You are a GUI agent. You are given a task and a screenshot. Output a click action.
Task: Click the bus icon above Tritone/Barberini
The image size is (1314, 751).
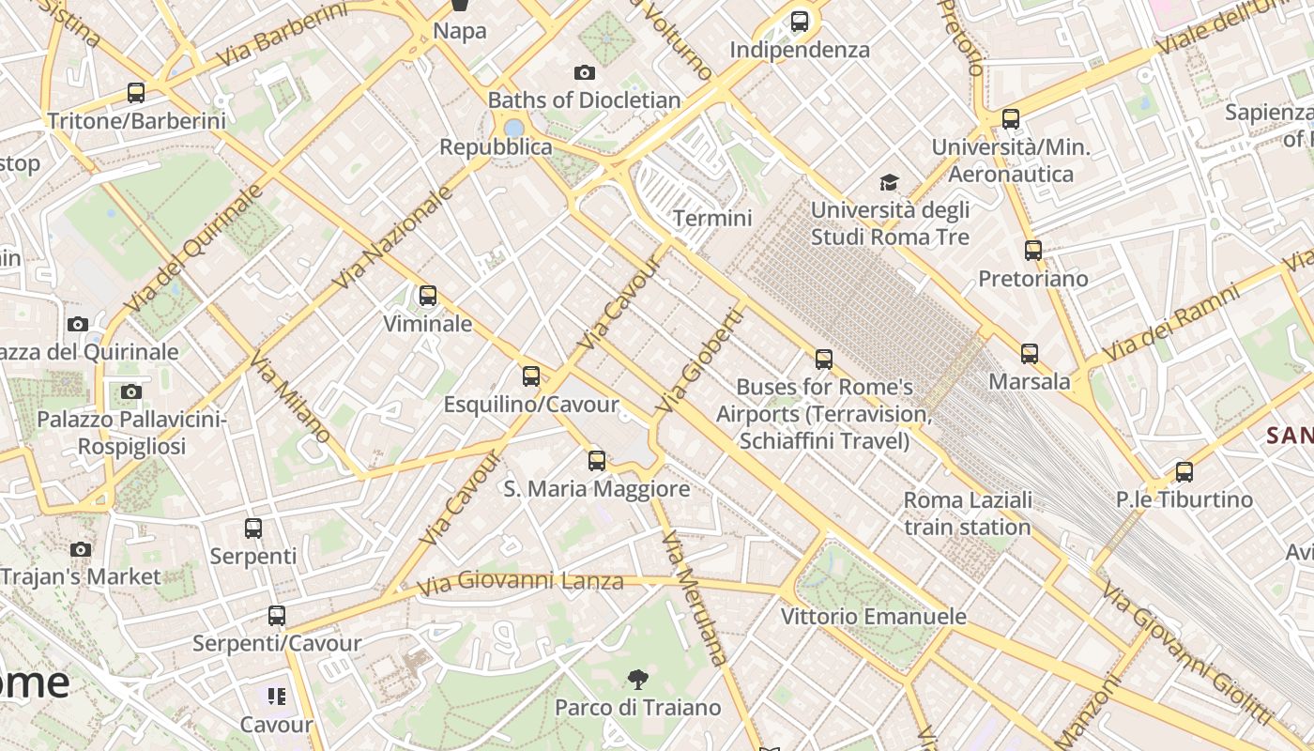tap(136, 93)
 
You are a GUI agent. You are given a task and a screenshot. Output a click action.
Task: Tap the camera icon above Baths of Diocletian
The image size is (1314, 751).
tap(584, 72)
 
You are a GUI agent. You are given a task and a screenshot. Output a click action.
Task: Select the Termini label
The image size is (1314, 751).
tap(712, 218)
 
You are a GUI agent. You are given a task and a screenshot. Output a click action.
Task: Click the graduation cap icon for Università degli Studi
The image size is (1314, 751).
tap(889, 182)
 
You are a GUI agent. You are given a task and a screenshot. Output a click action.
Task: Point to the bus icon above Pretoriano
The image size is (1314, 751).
tap(1033, 251)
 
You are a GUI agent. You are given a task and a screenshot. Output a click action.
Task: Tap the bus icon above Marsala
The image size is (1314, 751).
tap(1030, 354)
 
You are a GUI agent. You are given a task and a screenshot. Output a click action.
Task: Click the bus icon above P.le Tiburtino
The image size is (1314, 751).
tap(1184, 472)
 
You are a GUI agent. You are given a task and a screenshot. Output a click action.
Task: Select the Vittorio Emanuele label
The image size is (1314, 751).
tap(874, 617)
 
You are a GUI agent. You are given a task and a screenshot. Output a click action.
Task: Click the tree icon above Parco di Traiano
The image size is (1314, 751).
tap(638, 679)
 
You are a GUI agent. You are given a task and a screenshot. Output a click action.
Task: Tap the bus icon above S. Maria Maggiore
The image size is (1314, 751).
tap(597, 461)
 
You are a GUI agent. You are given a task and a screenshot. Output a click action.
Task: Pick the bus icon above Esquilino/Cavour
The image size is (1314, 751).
tap(531, 376)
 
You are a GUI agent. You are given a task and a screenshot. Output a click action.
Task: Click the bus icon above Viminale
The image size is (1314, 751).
tap(428, 296)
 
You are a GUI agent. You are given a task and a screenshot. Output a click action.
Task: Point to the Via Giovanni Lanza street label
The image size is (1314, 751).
tap(520, 583)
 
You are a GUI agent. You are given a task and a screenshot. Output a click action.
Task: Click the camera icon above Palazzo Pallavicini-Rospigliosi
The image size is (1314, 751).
tap(131, 391)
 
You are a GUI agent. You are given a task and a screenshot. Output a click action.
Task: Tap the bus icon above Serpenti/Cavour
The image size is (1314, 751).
tap(276, 616)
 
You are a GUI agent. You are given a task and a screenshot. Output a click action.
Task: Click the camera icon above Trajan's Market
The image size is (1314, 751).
tap(81, 549)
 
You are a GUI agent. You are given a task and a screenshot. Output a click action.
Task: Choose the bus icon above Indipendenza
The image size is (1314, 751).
tap(800, 22)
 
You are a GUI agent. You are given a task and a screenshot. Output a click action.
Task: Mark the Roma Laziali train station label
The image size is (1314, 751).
tap(968, 513)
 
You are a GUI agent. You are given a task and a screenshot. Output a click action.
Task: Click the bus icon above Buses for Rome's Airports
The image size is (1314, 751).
tap(824, 359)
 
